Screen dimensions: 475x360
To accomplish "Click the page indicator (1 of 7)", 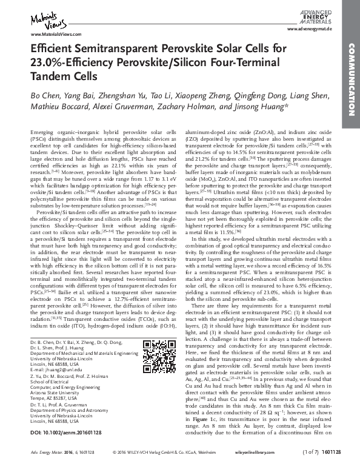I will [x=300, y=469].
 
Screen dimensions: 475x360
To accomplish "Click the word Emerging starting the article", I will [x=42, y=132].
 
